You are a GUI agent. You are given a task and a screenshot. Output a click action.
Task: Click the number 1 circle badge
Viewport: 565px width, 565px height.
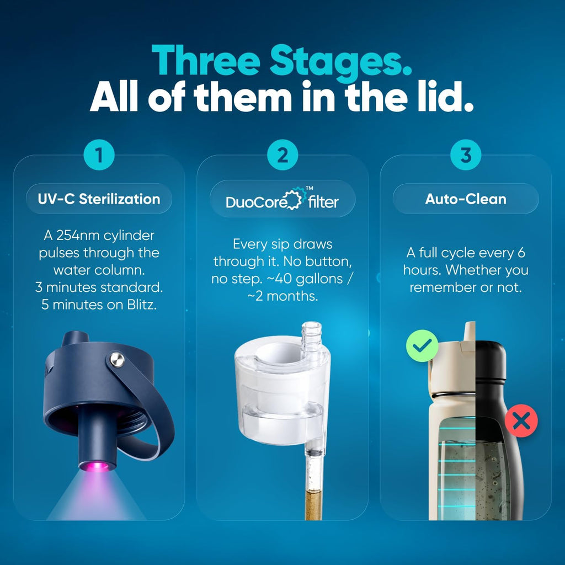click(99, 155)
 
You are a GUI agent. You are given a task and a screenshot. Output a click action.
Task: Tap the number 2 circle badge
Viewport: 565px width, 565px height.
click(282, 155)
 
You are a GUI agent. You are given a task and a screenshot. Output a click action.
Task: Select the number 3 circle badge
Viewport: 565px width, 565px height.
click(466, 155)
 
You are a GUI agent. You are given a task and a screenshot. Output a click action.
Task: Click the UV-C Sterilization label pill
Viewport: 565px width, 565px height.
click(99, 199)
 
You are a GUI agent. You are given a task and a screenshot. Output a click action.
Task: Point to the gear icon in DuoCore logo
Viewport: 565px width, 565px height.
click(292, 199)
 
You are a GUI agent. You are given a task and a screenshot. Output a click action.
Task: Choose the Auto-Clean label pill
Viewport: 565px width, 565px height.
click(466, 199)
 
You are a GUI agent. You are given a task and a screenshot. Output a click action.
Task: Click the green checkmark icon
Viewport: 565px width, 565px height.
click(422, 346)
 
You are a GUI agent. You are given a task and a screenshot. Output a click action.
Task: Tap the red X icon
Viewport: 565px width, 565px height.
click(521, 420)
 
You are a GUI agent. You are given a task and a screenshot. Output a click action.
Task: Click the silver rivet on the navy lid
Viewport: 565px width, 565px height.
click(118, 360)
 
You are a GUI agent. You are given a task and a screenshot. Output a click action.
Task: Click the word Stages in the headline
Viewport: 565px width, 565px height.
click(340, 62)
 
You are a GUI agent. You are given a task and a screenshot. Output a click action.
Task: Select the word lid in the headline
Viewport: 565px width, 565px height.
click(445, 96)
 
